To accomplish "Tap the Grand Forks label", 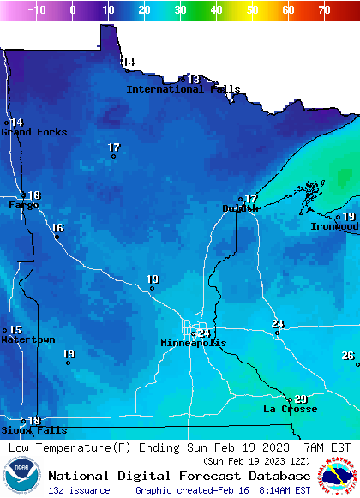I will click(27, 132).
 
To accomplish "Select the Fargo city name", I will click(24, 206).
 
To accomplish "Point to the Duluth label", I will click(240, 208).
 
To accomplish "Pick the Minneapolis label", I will click(194, 343).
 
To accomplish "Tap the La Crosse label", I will click(290, 410).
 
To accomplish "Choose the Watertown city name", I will click(27, 340).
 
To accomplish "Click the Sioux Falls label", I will click(22, 430).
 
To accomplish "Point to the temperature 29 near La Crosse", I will click(301, 399).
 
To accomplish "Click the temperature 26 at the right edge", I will click(348, 356).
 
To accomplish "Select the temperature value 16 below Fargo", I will click(57, 228).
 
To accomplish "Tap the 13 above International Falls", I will click(194, 79).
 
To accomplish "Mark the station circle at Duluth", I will click(240, 200).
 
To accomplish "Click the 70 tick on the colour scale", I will click(324, 10).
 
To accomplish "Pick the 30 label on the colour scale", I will click(180, 10).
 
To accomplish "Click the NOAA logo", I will click(21, 477).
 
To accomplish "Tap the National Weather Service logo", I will click(339, 477).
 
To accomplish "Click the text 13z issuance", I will click(79, 490).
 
